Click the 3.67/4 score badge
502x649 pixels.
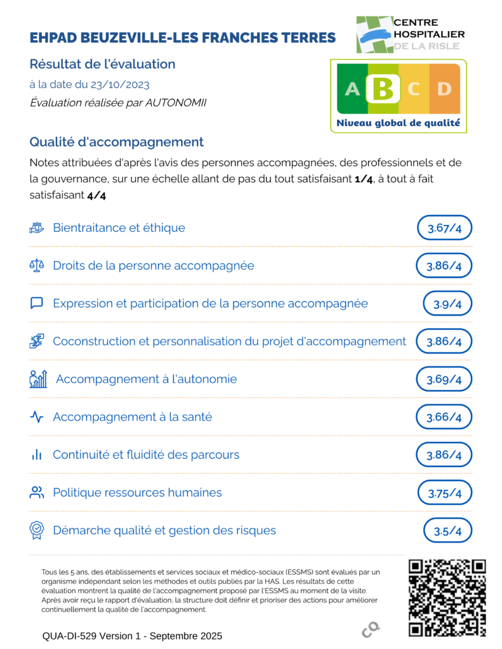click(444, 228)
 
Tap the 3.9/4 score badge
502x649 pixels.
click(447, 304)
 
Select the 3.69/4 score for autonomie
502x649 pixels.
click(444, 380)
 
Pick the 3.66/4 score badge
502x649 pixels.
click(444, 417)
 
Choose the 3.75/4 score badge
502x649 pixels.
click(445, 493)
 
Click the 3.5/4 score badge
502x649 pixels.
click(447, 530)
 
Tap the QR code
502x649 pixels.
click(447, 598)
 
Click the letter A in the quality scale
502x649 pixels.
click(352, 89)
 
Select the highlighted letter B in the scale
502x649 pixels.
click(383, 89)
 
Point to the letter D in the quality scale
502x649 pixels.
click(443, 89)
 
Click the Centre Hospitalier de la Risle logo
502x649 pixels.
click(410, 34)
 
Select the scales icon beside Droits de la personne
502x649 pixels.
click(37, 266)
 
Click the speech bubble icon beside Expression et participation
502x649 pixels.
click(37, 304)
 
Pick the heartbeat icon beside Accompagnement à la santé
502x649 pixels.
click(37, 417)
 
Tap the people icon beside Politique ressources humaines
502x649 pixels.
click(37, 492)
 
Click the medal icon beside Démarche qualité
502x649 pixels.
click(37, 530)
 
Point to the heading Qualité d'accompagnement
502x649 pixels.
click(116, 142)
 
